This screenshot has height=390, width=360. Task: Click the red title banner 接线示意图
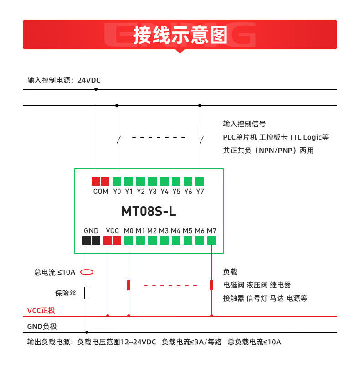[x=180, y=35]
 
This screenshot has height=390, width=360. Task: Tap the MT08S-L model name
[x=149, y=212]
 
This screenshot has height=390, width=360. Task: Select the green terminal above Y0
[x=117, y=181]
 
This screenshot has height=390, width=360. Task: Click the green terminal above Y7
[x=200, y=181]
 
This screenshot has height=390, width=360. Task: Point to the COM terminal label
[x=101, y=192]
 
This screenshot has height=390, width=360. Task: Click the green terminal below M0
[x=129, y=240]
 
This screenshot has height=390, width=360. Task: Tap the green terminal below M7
[x=212, y=240]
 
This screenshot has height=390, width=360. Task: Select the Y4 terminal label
[x=165, y=192]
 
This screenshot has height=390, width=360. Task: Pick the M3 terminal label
[x=164, y=231]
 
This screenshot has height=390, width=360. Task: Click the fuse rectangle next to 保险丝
[x=87, y=293]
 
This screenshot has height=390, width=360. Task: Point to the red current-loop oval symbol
[x=87, y=272]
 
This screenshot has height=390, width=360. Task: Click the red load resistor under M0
[x=129, y=285]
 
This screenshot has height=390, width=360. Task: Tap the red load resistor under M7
[x=212, y=285]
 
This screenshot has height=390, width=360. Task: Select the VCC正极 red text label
[x=41, y=311]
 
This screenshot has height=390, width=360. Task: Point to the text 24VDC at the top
[x=89, y=80]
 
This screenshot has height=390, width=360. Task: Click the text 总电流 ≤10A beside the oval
[x=55, y=272]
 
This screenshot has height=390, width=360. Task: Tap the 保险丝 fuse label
[x=66, y=293]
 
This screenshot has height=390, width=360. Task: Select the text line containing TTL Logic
[x=276, y=137]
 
